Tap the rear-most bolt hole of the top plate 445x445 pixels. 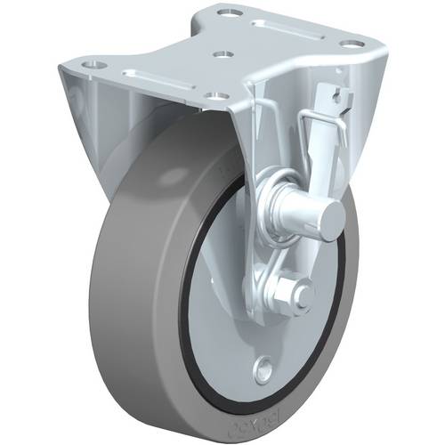click(x=222, y=13)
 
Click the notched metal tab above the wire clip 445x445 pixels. click(x=333, y=97)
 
